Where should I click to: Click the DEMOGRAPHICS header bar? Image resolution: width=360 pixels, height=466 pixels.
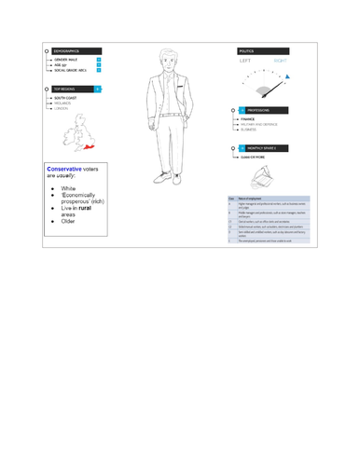pos(70,51)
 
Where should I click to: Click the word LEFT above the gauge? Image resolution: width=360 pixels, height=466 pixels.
pos(247,63)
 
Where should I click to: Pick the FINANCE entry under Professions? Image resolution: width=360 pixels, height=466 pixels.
pos(249,119)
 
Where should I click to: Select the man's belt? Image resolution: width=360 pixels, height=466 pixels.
pos(168,111)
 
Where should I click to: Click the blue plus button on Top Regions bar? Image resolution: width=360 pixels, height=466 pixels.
pos(100,91)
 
